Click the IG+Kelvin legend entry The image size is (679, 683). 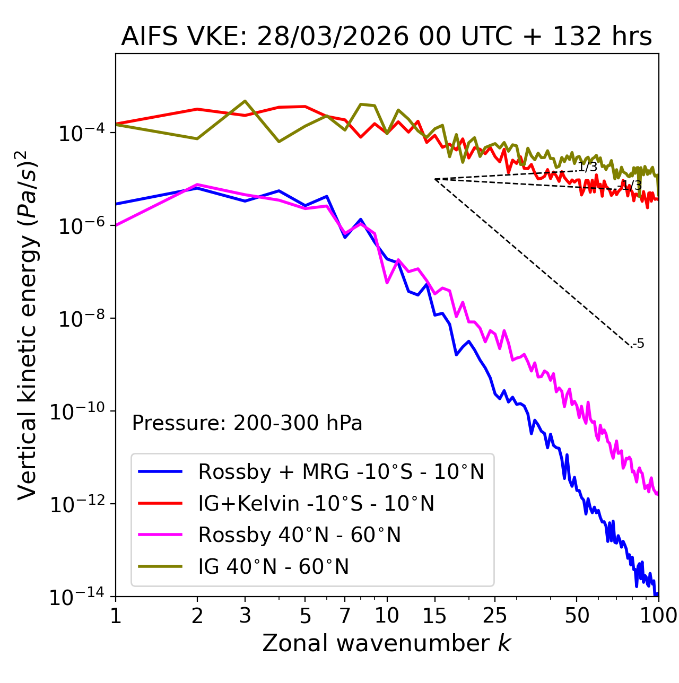pos(316,503)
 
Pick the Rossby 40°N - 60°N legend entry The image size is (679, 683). pos(299,535)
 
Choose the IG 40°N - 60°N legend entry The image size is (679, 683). pos(274,567)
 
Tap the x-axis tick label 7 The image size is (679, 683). pos(345,616)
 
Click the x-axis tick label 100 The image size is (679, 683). pos(658,616)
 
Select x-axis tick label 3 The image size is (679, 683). pos(245,616)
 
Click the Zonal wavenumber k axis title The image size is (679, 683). pos(386,643)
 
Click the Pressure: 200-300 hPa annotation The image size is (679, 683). pos(247,423)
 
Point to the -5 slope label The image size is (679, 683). pos(639,344)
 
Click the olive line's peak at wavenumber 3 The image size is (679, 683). pos(245,101)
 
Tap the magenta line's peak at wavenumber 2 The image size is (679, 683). pos(197,185)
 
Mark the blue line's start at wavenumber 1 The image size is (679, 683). pos(116,204)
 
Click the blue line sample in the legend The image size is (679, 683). pos(160,471)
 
